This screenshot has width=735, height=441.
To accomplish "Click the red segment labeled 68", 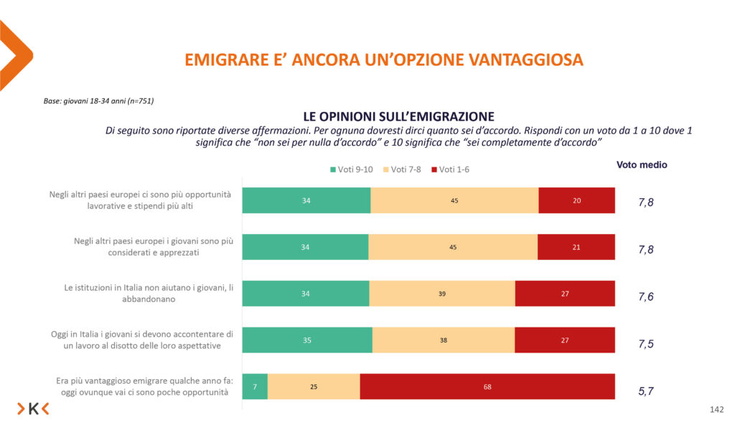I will tap(487, 386).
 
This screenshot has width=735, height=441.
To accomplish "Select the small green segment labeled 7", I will tap(255, 386).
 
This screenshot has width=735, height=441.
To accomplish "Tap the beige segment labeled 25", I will tap(314, 386).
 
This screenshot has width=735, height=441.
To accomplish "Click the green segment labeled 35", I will tap(307, 340).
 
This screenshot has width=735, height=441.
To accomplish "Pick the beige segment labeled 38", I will tap(444, 340).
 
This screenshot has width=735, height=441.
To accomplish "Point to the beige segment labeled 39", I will tap(442, 293).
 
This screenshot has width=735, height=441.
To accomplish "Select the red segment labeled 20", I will tap(576, 200).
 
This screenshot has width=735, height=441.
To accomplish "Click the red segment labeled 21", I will tap(576, 247).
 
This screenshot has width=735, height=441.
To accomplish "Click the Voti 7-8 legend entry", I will tap(407, 170).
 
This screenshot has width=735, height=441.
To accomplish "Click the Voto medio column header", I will tap(642, 165).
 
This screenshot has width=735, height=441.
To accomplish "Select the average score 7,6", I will tap(646, 297).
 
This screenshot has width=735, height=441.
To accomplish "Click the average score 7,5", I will tap(646, 344).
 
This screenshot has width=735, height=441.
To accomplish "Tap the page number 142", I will tap(716, 409).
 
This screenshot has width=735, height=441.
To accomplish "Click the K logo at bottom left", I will tap(33, 409).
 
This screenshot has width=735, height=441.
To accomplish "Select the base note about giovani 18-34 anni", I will tap(99, 101).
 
